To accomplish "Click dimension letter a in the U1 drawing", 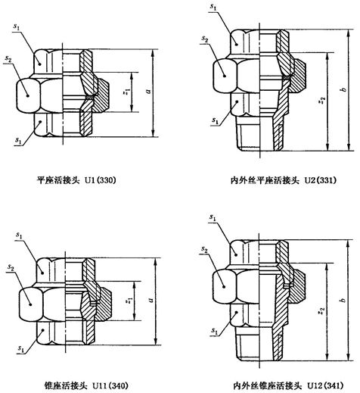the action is (x=149, y=91).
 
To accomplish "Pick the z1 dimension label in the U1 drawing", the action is (x=127, y=92).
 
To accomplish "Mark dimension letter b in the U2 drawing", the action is (x=343, y=89).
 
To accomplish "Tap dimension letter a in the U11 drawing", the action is (x=151, y=300).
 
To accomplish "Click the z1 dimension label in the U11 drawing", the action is (x=129, y=301).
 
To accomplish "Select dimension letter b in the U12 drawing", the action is (x=343, y=300).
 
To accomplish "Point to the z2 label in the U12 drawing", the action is (x=321, y=311).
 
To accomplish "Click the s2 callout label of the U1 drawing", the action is (x=8, y=59).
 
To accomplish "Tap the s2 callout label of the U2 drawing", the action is (x=205, y=39).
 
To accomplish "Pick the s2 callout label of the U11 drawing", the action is (x=11, y=267).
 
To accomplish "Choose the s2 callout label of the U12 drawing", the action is (x=204, y=249).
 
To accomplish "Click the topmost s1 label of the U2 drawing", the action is (x=213, y=7).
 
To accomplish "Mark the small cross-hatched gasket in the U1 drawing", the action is (x=90, y=96).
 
